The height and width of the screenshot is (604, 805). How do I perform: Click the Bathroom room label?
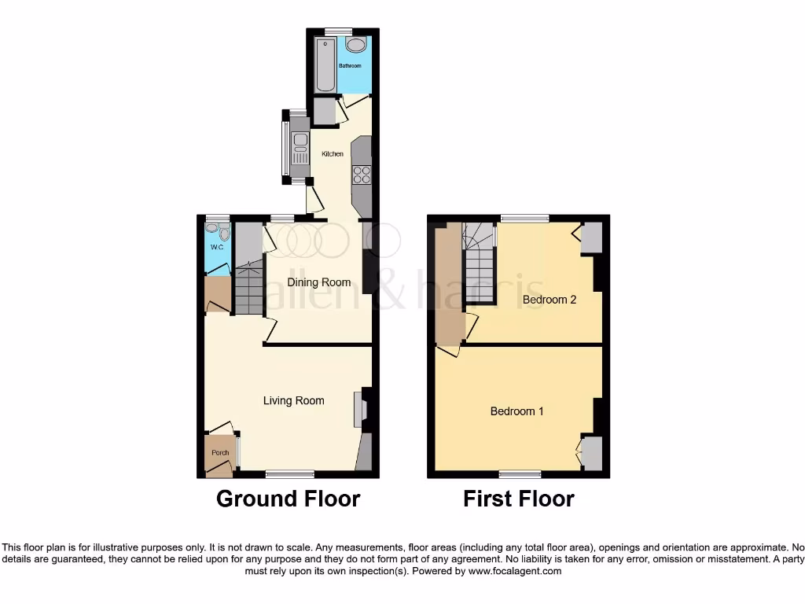click(x=350, y=66)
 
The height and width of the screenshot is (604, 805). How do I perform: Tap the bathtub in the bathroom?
click(x=324, y=64)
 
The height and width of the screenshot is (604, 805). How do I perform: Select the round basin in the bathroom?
click(x=355, y=45)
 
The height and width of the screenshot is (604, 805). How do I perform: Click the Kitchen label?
click(x=333, y=154)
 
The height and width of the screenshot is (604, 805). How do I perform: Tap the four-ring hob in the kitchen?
click(x=362, y=175)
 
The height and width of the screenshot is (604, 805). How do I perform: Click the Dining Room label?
click(x=318, y=282)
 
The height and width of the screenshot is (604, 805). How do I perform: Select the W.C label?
click(x=217, y=248)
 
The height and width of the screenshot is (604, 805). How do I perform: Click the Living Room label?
click(x=293, y=401)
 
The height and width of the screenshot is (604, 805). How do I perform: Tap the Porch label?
click(x=221, y=452)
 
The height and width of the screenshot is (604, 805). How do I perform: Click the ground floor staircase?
click(x=249, y=289)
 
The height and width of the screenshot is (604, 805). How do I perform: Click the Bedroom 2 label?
click(x=550, y=300)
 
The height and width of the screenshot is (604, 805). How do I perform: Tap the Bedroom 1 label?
click(x=516, y=411)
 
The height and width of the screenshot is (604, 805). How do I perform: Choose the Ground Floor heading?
click(x=288, y=499)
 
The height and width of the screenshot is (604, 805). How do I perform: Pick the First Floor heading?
click(x=518, y=499)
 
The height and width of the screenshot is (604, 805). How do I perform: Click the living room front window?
click(x=289, y=474)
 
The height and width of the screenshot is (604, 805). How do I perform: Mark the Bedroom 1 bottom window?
click(x=519, y=474)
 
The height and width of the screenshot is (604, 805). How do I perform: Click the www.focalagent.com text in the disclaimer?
click(x=514, y=571)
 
